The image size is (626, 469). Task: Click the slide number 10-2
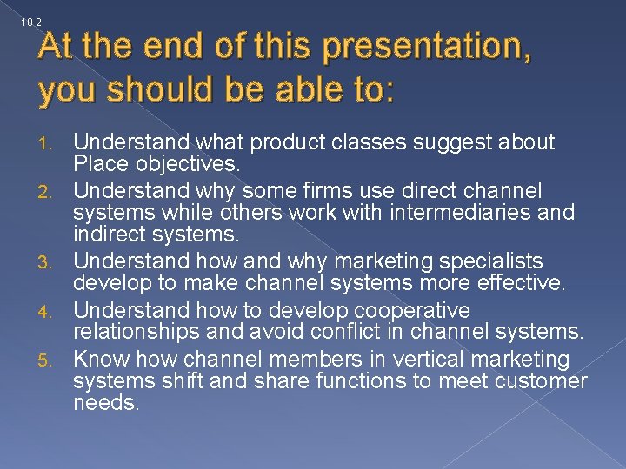(x=30, y=22)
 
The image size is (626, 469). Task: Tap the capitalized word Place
(x=99, y=164)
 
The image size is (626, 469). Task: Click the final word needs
(x=106, y=403)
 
